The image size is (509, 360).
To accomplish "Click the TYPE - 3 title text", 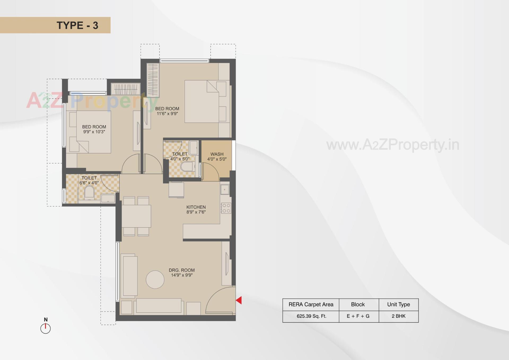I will pyautogui.click(x=77, y=25).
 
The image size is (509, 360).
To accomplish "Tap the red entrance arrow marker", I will pyautogui.click(x=239, y=300).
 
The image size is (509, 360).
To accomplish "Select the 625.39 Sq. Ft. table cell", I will pyautogui.click(x=311, y=316).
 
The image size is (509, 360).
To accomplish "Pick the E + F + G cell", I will pyautogui.click(x=358, y=316).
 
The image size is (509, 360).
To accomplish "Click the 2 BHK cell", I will pyautogui.click(x=398, y=316).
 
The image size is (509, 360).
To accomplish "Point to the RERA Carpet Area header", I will pyautogui.click(x=311, y=305).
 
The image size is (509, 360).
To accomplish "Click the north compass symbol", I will pyautogui.click(x=45, y=328).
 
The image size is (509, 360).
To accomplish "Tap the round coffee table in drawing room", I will pyautogui.click(x=155, y=280).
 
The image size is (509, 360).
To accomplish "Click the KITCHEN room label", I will pyautogui.click(x=196, y=207).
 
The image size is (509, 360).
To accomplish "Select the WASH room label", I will pyautogui.click(x=217, y=154).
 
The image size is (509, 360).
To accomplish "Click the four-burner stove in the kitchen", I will pyautogui.click(x=226, y=208).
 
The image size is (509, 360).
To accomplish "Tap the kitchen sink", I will pyautogui.click(x=225, y=189).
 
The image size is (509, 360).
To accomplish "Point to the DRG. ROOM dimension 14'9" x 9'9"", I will pyautogui.click(x=182, y=275).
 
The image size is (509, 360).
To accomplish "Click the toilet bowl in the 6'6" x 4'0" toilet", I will pyautogui.click(x=89, y=193).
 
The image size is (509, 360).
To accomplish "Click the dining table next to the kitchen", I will pyautogui.click(x=136, y=216).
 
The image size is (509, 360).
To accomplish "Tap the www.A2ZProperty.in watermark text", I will pyautogui.click(x=393, y=145).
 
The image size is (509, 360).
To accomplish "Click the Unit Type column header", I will pyautogui.click(x=398, y=305).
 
